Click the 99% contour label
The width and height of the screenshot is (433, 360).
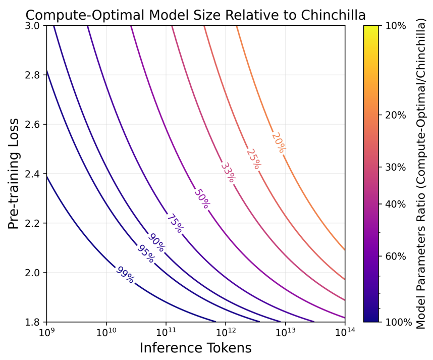click(x=125, y=275)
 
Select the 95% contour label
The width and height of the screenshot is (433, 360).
click(x=146, y=253)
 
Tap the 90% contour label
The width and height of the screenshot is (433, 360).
click(x=156, y=242)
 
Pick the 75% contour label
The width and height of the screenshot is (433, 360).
click(x=175, y=223)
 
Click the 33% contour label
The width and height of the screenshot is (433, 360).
click(x=228, y=173)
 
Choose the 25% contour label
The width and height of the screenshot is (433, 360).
click(x=253, y=158)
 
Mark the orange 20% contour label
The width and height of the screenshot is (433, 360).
click(x=279, y=142)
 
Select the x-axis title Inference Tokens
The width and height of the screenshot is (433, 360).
click(x=195, y=348)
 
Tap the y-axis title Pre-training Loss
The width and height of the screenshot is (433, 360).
click(x=14, y=174)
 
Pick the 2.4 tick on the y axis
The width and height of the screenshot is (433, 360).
click(x=32, y=174)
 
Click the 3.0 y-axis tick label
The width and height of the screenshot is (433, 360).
click(x=32, y=26)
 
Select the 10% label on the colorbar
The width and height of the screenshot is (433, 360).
click(x=396, y=26)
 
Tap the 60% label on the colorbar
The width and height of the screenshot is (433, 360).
click(x=396, y=256)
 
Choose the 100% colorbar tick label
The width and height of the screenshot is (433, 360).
click(x=398, y=322)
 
